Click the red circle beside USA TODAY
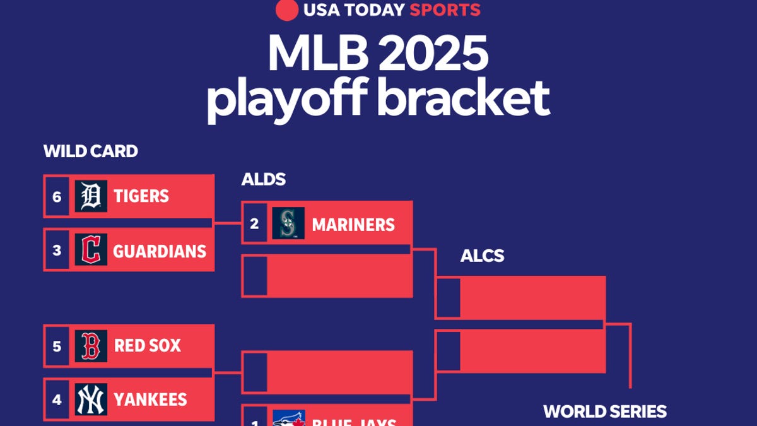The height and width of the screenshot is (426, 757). point(287,10)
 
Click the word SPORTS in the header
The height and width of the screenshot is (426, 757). point(445,10)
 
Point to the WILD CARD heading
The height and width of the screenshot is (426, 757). point(90,151)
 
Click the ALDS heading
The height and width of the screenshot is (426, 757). point(263,179)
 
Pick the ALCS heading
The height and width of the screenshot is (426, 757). point(482,256)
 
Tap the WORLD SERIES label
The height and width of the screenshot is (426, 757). point(604,411)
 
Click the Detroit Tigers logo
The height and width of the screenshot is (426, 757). point(91,196)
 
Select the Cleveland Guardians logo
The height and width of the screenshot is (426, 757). point(91,250)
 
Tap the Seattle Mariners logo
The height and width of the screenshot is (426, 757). point(288,223)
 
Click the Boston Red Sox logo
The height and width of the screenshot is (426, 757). point(91,346)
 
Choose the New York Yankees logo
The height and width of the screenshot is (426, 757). point(91,399)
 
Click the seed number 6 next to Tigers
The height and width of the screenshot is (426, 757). point(57,197)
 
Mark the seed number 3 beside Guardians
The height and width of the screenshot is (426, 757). point(57,251)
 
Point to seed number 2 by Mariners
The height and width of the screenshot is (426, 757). point(254,223)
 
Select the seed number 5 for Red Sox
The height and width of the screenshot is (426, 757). point(57,346)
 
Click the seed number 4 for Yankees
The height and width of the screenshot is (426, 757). point(57,399)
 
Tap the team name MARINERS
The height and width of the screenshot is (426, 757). point(353,225)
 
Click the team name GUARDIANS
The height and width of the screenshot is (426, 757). point(160,251)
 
